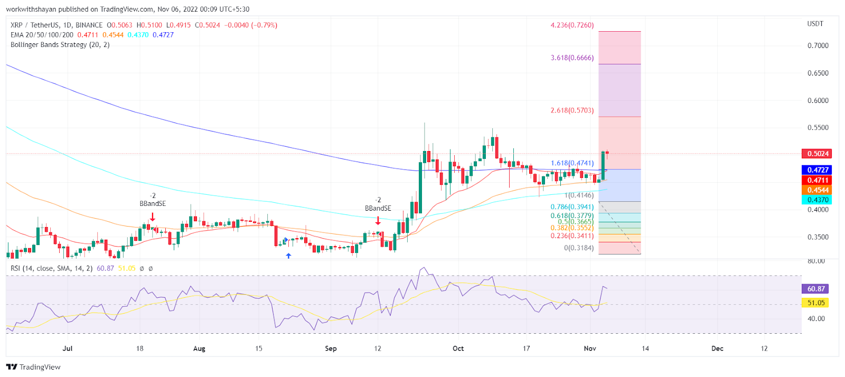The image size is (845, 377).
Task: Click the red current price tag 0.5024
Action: tap(817, 154)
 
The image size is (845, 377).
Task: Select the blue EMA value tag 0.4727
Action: tap(817, 170)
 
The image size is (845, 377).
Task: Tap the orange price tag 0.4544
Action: tap(817, 190)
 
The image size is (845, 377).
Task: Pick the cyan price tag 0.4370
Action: tap(817, 200)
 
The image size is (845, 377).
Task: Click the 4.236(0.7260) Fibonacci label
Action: tap(572, 25)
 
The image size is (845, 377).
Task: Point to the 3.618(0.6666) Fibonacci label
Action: tap(572, 58)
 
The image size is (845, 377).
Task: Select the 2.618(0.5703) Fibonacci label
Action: tap(572, 111)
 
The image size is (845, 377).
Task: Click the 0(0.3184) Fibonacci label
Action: tap(579, 248)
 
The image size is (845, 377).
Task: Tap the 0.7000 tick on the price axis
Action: tap(818, 46)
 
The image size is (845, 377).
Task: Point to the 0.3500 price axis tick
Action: tap(818, 237)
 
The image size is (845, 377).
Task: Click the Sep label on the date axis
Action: tap(331, 348)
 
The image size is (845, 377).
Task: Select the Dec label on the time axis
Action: tap(717, 348)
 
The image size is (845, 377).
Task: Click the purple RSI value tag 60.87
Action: tap(815, 289)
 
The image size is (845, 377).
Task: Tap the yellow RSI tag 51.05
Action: tap(815, 303)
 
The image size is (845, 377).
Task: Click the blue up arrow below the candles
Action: tap(288, 256)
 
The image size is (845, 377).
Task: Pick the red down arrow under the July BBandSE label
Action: tap(152, 216)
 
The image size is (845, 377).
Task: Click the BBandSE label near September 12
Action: tap(378, 209)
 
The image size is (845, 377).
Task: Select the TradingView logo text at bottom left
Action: tap(34, 367)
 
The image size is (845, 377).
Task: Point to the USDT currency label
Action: tap(815, 24)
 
